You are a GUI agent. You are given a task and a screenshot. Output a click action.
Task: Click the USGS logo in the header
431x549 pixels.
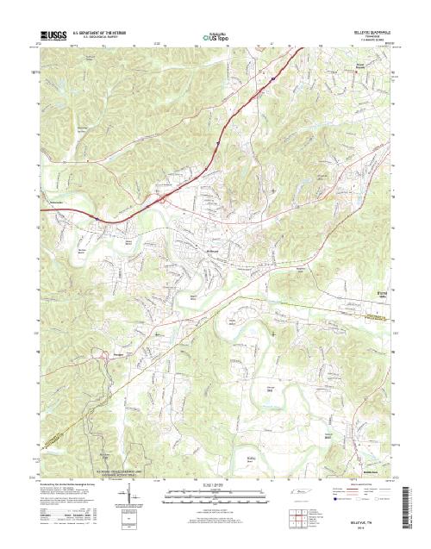(x=52, y=36)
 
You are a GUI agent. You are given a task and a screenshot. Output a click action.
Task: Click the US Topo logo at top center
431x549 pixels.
(x=215, y=36)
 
